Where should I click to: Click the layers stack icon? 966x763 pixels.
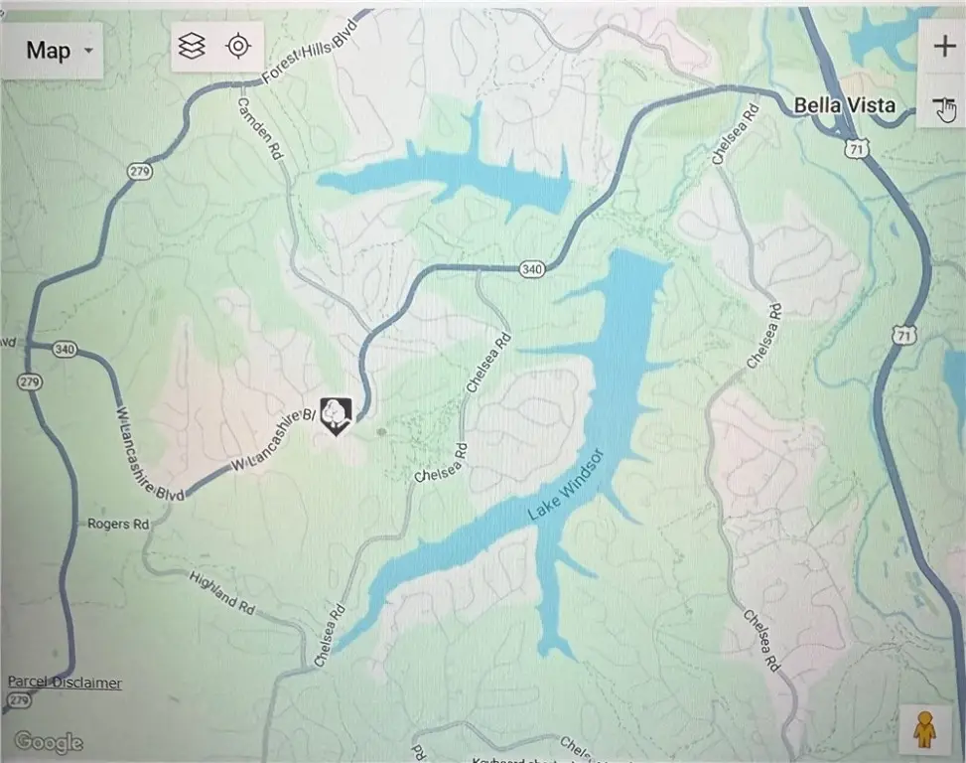191,47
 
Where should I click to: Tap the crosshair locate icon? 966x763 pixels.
238,47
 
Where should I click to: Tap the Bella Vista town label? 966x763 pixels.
845,105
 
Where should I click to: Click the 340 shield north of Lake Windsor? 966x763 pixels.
532,268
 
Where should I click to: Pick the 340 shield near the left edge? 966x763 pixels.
66,349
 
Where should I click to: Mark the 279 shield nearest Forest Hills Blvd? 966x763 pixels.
138,172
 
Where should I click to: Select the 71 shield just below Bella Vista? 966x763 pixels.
853,148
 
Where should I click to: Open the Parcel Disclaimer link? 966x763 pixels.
65,683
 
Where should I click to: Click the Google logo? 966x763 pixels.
48,741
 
